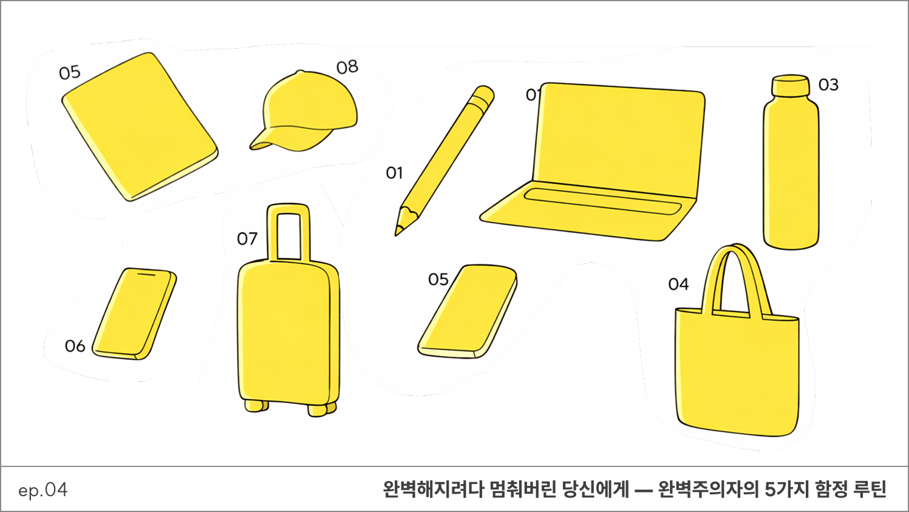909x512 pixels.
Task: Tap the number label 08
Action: pyautogui.click(x=347, y=67)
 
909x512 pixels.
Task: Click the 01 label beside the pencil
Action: pyautogui.click(x=394, y=173)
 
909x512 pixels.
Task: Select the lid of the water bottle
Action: pyautogui.click(x=790, y=85)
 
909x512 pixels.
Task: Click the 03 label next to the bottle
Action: pyautogui.click(x=828, y=85)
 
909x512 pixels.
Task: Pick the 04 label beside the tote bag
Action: pyautogui.click(x=678, y=285)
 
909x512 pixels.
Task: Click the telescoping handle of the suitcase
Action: pyautogui.click(x=288, y=232)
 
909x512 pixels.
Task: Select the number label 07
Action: pyautogui.click(x=247, y=239)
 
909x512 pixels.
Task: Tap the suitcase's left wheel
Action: pyautogui.click(x=256, y=406)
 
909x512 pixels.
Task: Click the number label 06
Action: pyautogui.click(x=75, y=346)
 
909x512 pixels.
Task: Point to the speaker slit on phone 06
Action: pyautogui.click(x=146, y=275)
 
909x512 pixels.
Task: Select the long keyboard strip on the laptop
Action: pyautogui.click(x=602, y=201)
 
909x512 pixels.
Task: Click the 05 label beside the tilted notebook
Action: pyautogui.click(x=69, y=73)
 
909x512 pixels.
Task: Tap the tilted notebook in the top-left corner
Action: pyautogui.click(x=140, y=126)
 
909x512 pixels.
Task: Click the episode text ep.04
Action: pyautogui.click(x=43, y=490)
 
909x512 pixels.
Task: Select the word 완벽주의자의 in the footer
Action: pyautogui.click(x=709, y=490)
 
